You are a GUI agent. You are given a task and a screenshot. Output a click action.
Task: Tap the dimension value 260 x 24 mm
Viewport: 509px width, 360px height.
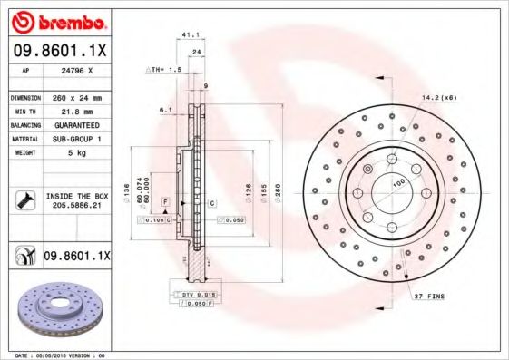pos(77,97)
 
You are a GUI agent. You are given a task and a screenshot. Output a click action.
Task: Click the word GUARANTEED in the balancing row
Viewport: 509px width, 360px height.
pos(75,124)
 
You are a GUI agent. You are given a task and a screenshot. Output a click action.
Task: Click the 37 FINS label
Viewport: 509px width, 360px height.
pos(428,296)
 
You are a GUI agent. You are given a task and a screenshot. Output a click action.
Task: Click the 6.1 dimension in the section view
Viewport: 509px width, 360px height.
pos(164,110)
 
